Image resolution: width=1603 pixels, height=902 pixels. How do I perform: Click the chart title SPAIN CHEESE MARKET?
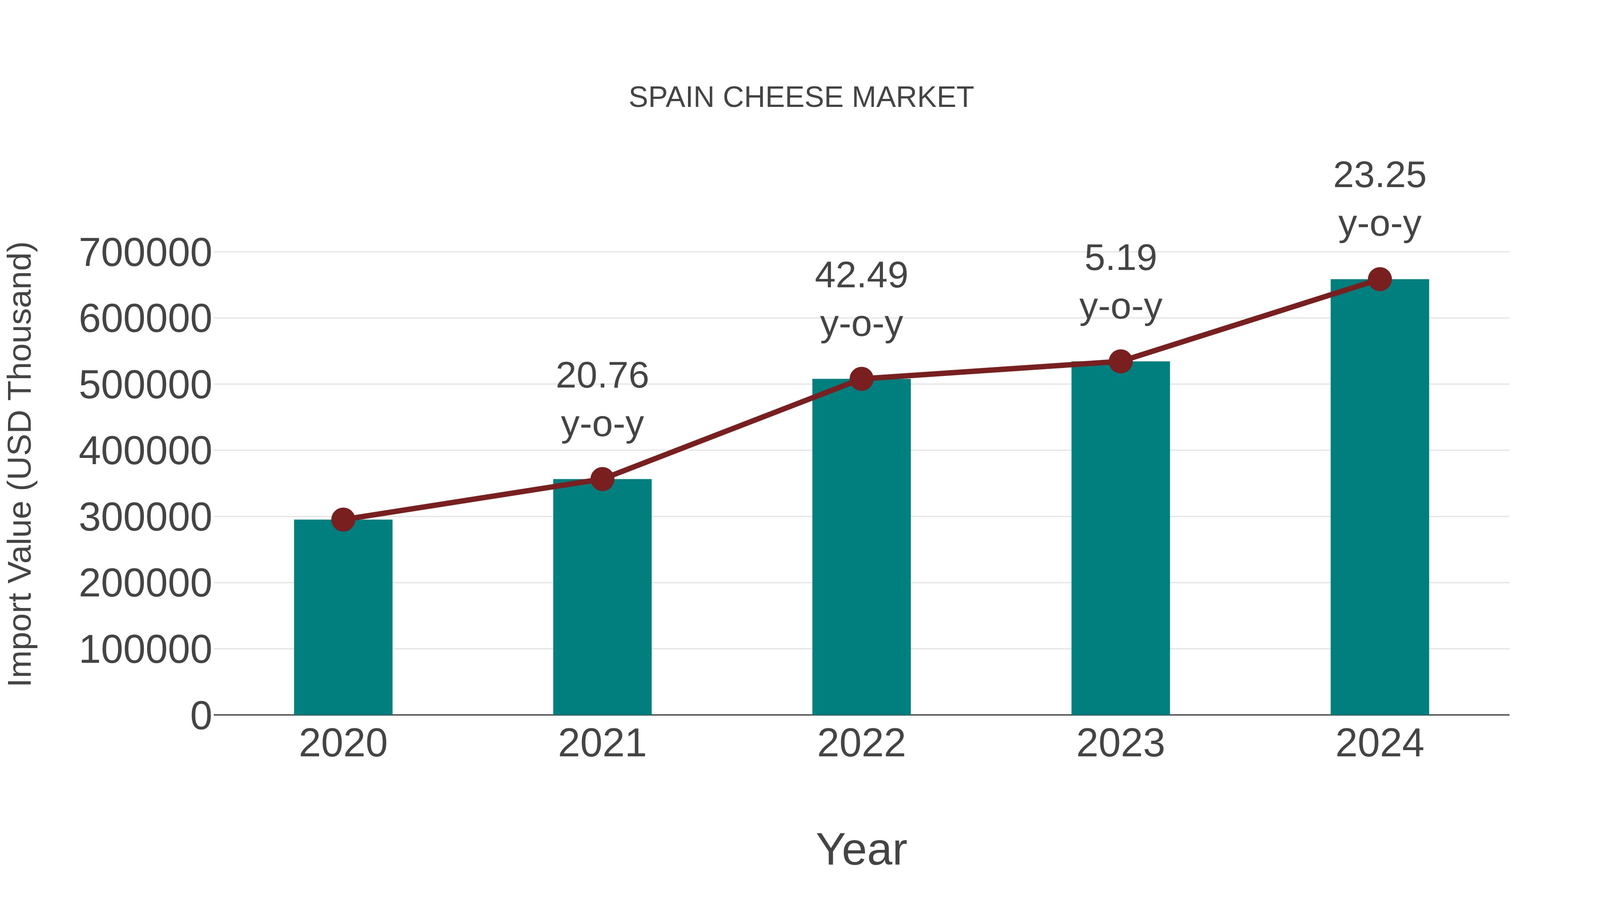tap(801, 98)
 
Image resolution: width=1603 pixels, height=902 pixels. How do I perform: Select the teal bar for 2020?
tap(343, 616)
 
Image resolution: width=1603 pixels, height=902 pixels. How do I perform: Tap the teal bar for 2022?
tap(861, 548)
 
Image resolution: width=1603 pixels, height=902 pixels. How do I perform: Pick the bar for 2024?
tap(1379, 498)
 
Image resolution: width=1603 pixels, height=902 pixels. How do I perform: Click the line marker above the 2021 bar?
tap(602, 479)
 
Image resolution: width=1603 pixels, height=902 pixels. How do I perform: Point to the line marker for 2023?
tap(1120, 361)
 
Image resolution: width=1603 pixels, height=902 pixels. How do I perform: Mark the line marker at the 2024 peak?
tap(1379, 279)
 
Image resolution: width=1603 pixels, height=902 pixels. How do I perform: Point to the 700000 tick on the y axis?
tap(145, 253)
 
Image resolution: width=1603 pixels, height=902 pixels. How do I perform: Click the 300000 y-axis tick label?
tap(145, 517)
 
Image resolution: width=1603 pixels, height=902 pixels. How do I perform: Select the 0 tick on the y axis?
tap(200, 715)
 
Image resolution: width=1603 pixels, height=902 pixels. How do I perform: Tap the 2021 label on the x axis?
tap(602, 743)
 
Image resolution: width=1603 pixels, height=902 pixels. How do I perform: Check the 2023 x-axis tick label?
tap(1120, 743)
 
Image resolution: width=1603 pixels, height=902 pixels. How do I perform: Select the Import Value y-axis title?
tap(20, 465)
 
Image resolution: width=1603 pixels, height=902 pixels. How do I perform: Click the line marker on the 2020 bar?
tap(343, 519)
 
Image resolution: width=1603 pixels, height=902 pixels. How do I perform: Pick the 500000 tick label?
tap(145, 385)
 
